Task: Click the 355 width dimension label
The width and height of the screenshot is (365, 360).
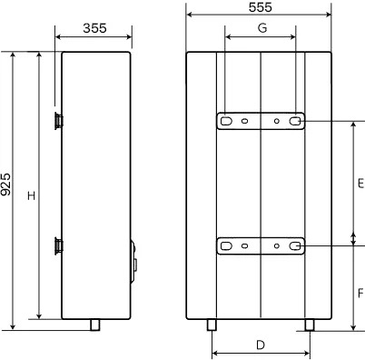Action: [x=94, y=28]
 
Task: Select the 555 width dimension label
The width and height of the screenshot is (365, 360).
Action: [x=261, y=7]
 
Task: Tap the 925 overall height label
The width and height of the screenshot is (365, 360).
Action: [x=5, y=185]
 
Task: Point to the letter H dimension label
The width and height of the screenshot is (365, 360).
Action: [x=32, y=195]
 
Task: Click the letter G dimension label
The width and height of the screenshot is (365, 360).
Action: [x=262, y=28]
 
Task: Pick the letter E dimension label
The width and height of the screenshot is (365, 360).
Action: [x=361, y=184]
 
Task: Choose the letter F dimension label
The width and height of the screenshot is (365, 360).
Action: [x=360, y=293]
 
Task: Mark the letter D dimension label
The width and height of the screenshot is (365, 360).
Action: [x=261, y=345]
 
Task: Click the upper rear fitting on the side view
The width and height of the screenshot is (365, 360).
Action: [x=59, y=121]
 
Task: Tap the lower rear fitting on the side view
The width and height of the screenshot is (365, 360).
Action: [x=59, y=246]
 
